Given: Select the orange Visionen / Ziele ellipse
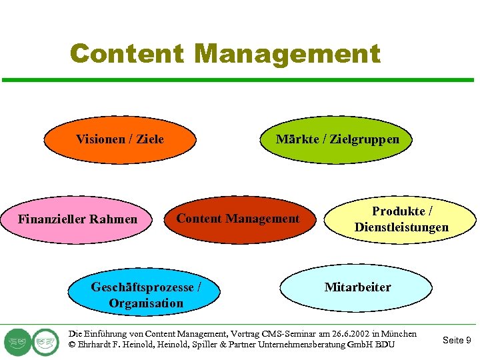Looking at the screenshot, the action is [120, 139].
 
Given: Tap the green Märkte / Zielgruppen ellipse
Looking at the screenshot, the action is [337, 139].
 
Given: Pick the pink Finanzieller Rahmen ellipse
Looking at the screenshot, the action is [77, 219].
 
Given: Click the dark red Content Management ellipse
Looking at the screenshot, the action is [238, 219].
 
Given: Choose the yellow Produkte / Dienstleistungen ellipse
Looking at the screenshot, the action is [401, 219].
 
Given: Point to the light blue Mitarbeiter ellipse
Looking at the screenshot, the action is [357, 287].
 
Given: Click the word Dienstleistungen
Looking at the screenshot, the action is [401, 227].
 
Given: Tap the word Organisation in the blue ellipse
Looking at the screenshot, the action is [146, 303].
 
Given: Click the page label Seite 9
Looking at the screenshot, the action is [457, 340].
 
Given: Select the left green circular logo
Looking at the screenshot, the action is [17, 342].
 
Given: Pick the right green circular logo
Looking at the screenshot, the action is [46, 342].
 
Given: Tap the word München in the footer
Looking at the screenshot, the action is [401, 333].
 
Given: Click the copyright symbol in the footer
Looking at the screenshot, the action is [72, 345].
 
